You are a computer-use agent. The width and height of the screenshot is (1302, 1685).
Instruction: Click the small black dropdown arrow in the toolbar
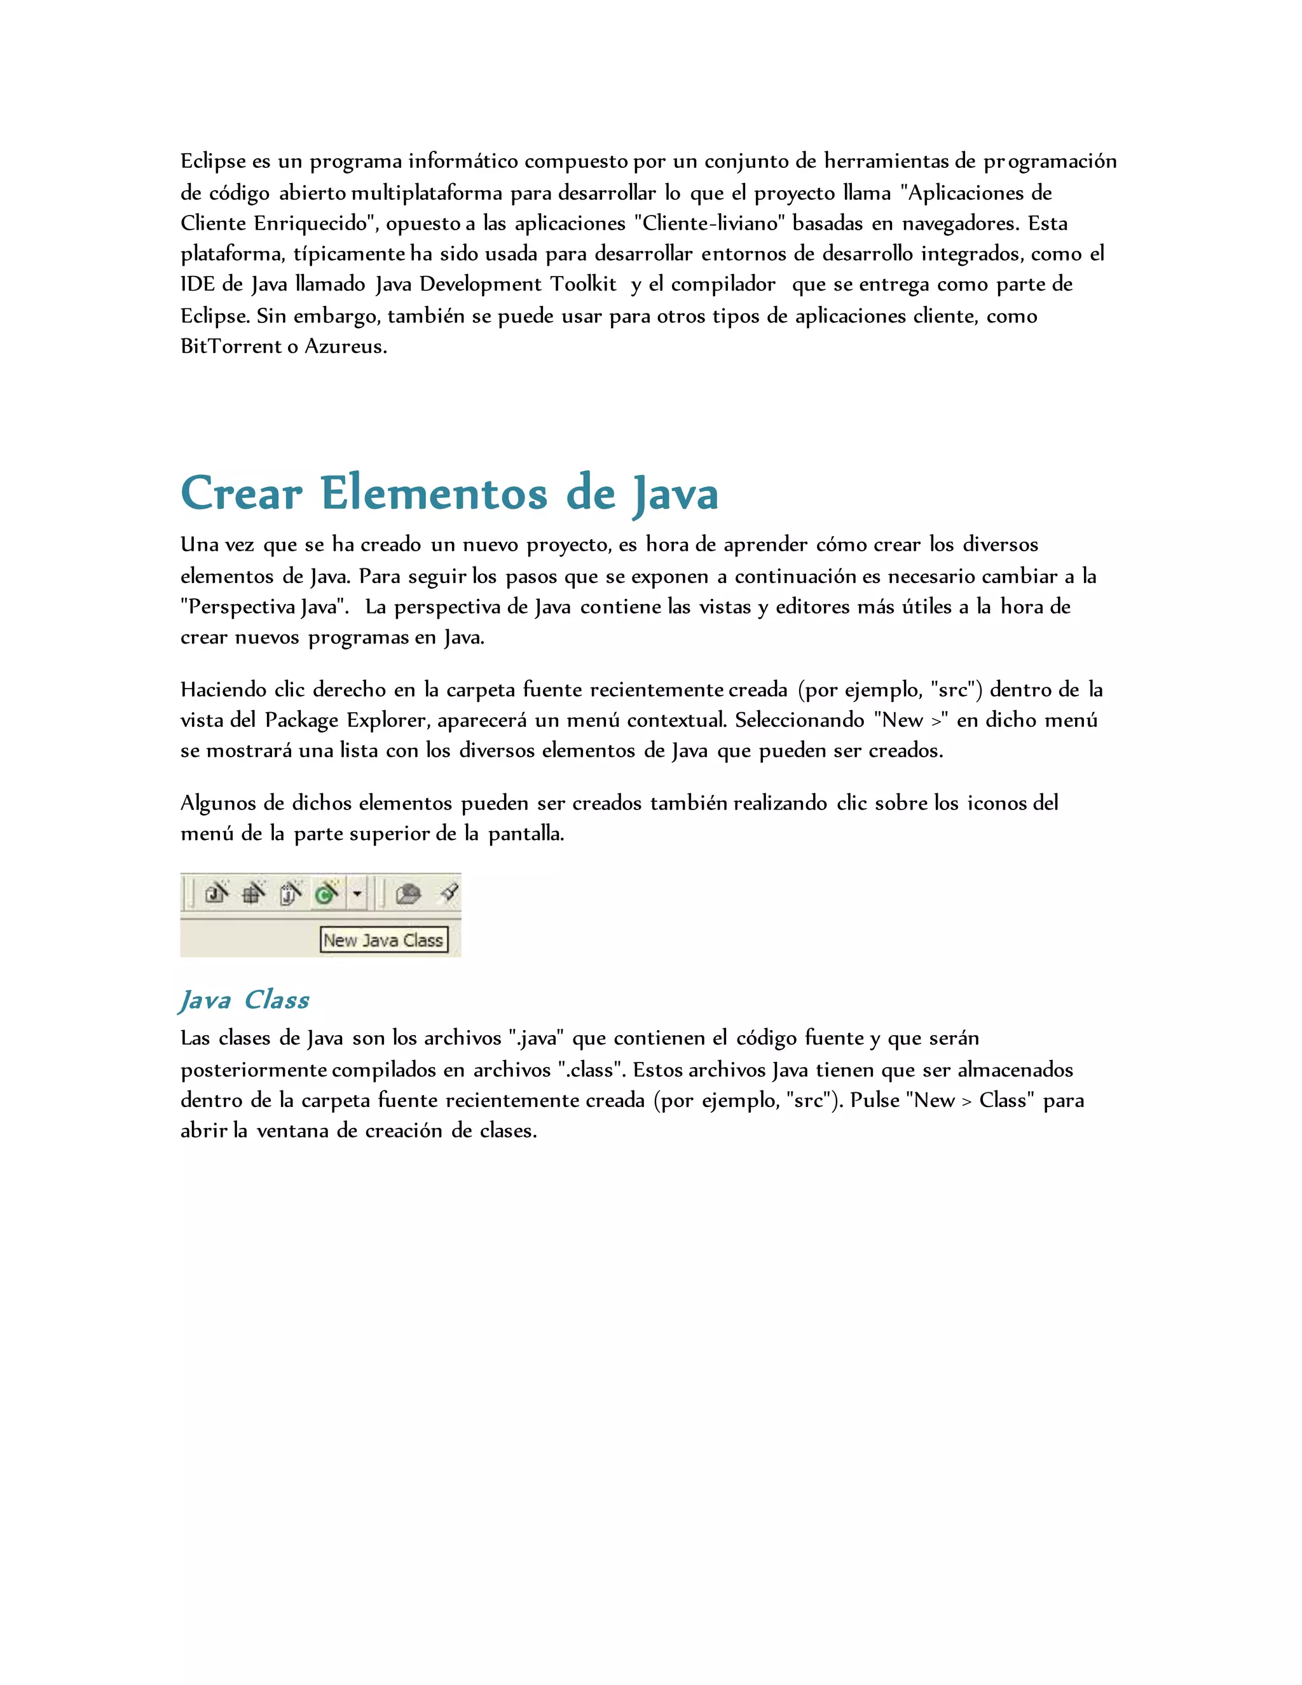click(357, 894)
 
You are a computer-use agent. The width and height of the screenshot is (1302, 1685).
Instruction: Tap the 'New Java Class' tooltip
click(383, 940)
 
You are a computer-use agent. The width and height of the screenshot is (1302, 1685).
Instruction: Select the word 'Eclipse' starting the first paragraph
click(213, 162)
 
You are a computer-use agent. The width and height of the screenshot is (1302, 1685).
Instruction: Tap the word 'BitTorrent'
click(231, 347)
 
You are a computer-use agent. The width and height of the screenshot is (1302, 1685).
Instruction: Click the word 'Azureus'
click(346, 347)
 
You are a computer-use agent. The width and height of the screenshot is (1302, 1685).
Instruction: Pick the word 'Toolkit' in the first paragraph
click(583, 285)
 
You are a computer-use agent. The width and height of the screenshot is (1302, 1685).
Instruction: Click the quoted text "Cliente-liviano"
click(709, 223)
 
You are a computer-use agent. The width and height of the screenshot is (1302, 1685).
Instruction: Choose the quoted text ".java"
click(537, 1038)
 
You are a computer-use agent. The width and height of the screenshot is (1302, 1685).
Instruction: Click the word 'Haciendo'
click(224, 689)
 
